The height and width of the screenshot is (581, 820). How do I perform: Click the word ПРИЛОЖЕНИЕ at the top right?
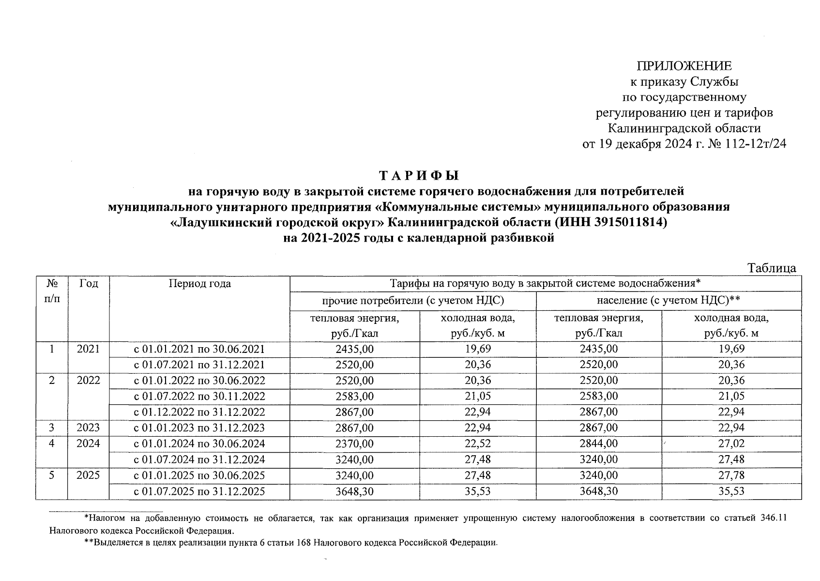(x=684, y=66)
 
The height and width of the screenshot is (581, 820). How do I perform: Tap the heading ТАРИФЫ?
(x=418, y=175)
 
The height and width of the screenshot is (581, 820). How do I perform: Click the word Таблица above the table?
(x=772, y=268)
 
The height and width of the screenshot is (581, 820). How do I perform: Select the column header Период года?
(x=199, y=284)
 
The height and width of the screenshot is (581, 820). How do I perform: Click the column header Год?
(x=89, y=284)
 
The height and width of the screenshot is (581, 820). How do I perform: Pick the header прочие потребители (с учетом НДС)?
(x=413, y=301)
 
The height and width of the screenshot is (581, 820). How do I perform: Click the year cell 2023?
(x=88, y=428)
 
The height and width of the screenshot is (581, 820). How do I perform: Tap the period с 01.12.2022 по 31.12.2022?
(x=199, y=412)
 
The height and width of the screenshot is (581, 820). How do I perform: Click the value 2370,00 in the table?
(x=354, y=443)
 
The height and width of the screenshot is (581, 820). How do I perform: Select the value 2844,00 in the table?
(x=599, y=443)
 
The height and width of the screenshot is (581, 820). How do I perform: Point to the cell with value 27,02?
(x=731, y=443)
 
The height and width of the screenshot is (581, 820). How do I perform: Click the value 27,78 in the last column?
(x=731, y=475)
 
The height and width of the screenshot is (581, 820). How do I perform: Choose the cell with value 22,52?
(x=478, y=443)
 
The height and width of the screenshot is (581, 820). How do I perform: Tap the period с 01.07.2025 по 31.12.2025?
(x=199, y=491)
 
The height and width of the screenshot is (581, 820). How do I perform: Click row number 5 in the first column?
(x=51, y=475)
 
